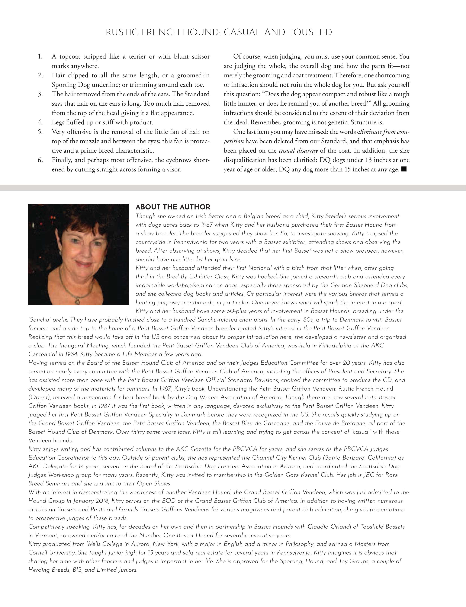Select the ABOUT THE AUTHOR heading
coord(173,207)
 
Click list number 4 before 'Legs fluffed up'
coord(40,122)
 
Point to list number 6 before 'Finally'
coord(40,160)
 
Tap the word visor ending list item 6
coord(174,169)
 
